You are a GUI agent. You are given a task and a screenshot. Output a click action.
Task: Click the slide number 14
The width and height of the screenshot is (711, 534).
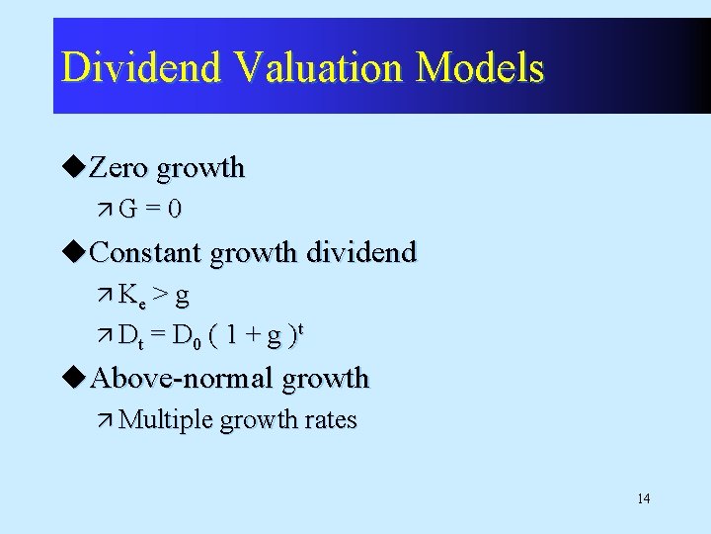[x=643, y=498]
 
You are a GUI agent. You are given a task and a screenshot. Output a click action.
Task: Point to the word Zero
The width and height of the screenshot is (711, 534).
[x=119, y=168]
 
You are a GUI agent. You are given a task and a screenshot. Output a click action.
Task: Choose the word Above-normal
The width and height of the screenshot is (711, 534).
[x=182, y=378]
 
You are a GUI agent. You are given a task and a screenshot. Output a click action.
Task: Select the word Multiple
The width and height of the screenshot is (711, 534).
[x=166, y=420]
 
